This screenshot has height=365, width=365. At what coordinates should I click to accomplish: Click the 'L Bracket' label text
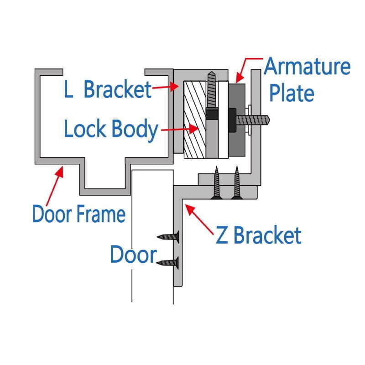pyautogui.click(x=108, y=89)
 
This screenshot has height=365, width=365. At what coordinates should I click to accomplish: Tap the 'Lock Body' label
pyautogui.click(x=111, y=129)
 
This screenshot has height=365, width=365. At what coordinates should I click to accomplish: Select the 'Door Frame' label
pyautogui.click(x=79, y=214)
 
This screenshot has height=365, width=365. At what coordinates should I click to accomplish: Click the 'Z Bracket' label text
pyautogui.click(x=258, y=235)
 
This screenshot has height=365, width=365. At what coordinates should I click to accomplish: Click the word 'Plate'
pyautogui.click(x=292, y=93)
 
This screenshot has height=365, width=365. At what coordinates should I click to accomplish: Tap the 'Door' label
pyautogui.click(x=133, y=254)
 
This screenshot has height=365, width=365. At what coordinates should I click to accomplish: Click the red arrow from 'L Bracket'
pyautogui.click(x=166, y=87)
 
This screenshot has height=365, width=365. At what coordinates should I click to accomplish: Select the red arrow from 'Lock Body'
pyautogui.click(x=180, y=129)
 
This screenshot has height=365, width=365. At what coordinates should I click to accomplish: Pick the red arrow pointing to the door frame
pyautogui.click(x=55, y=186)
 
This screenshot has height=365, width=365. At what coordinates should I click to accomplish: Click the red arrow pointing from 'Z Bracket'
pyautogui.click(x=199, y=219)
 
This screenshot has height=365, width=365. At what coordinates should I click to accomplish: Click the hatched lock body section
pyautogui.click(x=195, y=120)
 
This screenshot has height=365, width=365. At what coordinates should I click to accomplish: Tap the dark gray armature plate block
pyautogui.click(x=237, y=120)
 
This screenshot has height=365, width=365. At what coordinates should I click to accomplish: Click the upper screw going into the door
pyautogui.click(x=168, y=237)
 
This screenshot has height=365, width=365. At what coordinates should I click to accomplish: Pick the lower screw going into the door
pyautogui.click(x=167, y=263)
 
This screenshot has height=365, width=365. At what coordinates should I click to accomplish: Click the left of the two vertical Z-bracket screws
pyautogui.click(x=216, y=182)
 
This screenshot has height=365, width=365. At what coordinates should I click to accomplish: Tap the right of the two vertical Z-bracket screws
pyautogui.click(x=237, y=182)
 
